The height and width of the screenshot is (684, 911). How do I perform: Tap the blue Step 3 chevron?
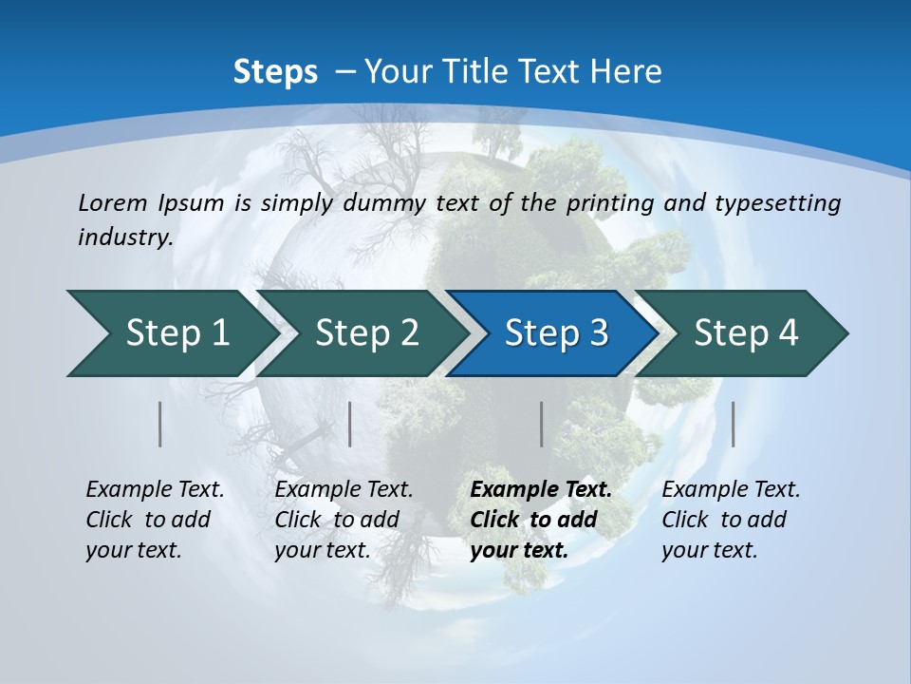pos(556,333)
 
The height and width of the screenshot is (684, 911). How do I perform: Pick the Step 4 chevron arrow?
pos(746,333)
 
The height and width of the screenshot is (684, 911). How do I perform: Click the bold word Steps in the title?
pos(275,72)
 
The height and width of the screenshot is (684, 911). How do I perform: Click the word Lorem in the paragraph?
pos(112,202)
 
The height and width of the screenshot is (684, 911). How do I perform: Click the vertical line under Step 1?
pos(160,424)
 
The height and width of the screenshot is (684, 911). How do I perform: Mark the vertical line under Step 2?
pos(350,424)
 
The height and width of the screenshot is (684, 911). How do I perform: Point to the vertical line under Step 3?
pos(542,424)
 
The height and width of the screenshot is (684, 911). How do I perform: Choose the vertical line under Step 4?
pos(734,424)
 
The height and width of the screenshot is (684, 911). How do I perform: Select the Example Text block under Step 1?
pos(155,519)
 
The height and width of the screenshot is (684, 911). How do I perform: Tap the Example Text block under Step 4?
pos(731,519)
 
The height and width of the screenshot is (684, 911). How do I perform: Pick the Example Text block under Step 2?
pos(344,519)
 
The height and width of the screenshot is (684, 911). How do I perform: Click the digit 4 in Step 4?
pos(788,333)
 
